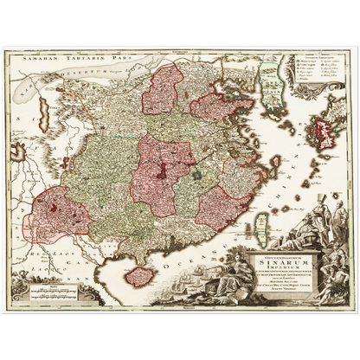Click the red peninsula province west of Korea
pyautogui.click(x=213, y=107)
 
